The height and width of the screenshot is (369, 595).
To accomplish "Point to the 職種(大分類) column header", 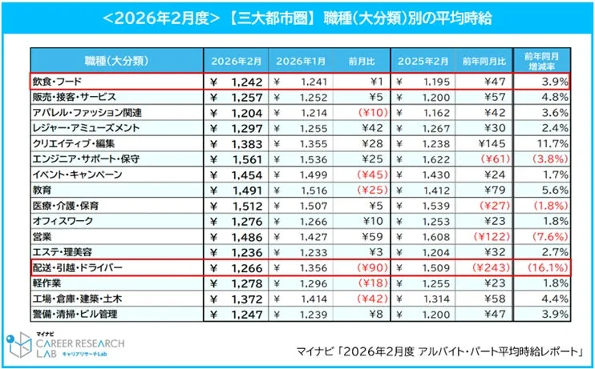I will click(113, 61).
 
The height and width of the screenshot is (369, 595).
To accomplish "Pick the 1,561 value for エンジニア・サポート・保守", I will click(241, 158).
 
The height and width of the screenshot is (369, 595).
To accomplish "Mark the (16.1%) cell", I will click(547, 267).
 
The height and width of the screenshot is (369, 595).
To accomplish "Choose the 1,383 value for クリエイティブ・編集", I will click(241, 143).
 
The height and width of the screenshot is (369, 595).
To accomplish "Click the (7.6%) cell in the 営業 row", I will click(548, 236).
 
